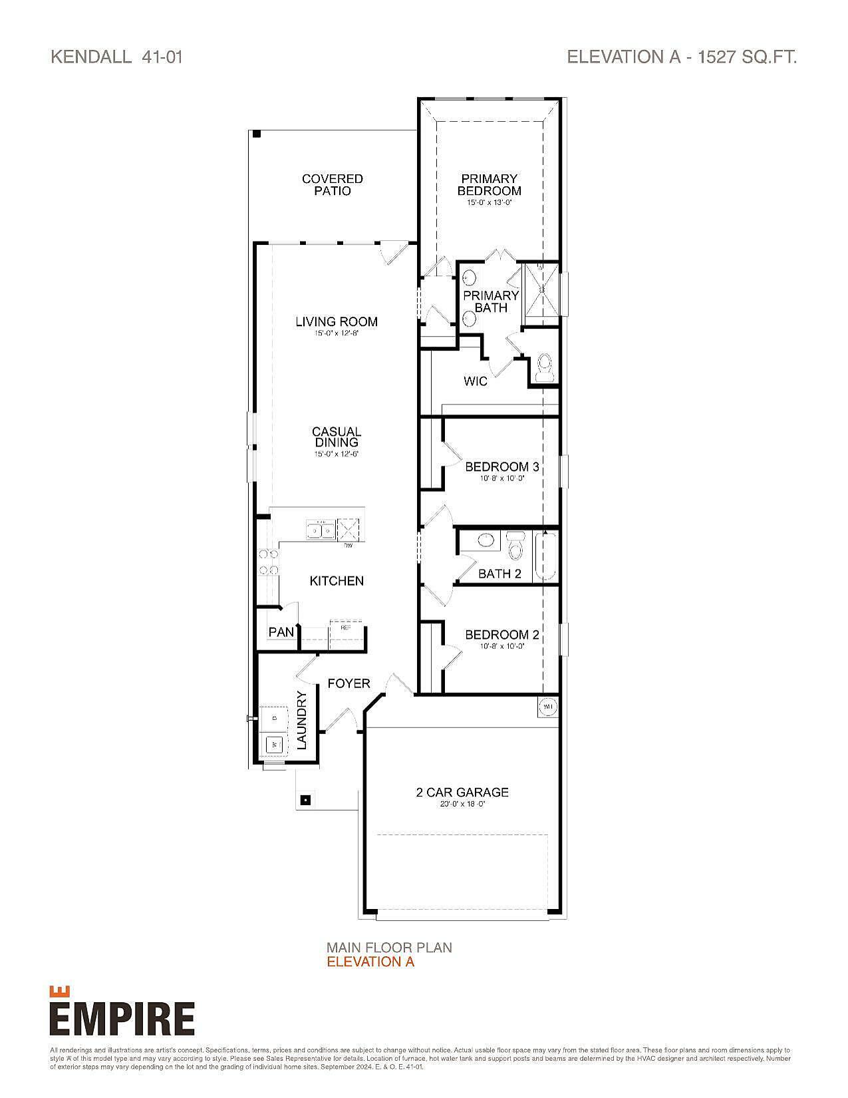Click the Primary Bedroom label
(489, 184)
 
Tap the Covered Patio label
(332, 184)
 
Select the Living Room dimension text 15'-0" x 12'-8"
(337, 333)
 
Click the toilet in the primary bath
(545, 367)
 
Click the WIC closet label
(475, 381)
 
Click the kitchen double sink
(320, 530)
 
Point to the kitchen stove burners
(269, 561)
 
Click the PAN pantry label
(281, 632)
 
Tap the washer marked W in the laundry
(274, 745)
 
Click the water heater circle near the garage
(548, 706)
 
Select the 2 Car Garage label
(462, 792)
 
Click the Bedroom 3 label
(501, 466)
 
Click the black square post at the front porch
(305, 799)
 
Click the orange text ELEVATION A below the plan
(370, 962)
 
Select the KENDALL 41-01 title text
(116, 57)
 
